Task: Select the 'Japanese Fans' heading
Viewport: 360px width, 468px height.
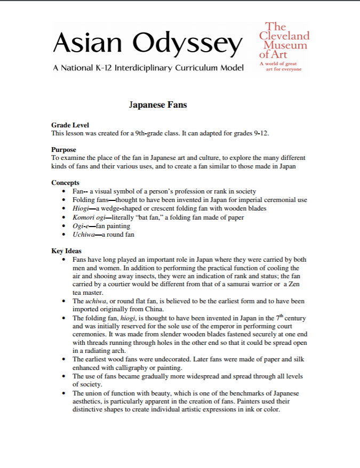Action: [158, 104]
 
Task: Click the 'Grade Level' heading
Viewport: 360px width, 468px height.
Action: [70, 125]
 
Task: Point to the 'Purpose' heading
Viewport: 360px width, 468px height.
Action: [63, 150]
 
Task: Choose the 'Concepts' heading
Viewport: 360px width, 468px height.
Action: [65, 183]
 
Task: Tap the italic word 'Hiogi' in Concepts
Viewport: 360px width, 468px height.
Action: [81, 208]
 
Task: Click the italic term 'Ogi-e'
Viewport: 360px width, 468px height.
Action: [81, 226]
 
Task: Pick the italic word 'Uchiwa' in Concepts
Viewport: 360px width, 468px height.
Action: [84, 235]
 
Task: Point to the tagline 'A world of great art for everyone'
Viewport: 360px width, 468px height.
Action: [281, 67]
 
